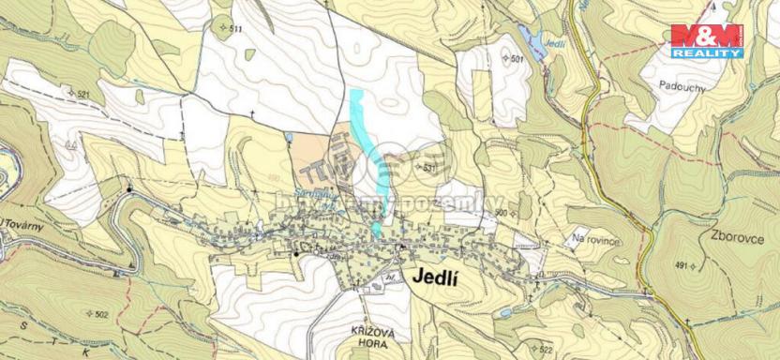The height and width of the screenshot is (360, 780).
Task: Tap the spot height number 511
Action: click(234, 30)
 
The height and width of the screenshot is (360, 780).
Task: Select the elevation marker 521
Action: click(82, 95)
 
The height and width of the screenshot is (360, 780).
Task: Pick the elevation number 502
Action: click(101, 314)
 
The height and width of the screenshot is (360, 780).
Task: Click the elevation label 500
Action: click(501, 213)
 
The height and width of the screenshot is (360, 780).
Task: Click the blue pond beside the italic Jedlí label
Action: click(527, 42)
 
